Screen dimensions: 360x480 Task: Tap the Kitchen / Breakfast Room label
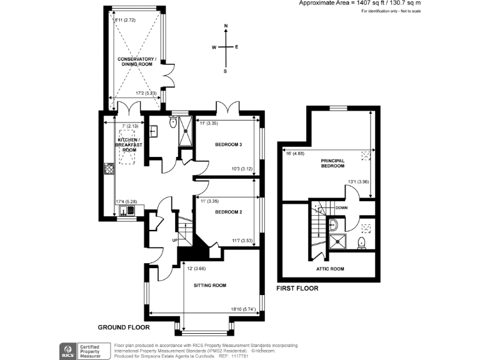coord(129,144)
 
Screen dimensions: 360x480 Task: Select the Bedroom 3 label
coord(228,144)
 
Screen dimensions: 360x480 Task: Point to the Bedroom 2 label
coord(228,212)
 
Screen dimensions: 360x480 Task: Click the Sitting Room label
coord(210,286)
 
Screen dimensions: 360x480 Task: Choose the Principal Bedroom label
coord(332,162)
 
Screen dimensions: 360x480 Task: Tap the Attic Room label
coord(329,269)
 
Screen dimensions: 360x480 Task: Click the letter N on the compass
coord(226,26)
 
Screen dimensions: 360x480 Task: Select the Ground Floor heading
coord(122,327)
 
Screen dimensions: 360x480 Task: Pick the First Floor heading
coord(297,289)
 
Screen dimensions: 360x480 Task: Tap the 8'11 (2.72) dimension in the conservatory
coord(126,20)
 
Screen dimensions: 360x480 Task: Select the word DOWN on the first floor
coord(341,207)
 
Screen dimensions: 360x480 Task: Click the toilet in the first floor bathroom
coord(361,242)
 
